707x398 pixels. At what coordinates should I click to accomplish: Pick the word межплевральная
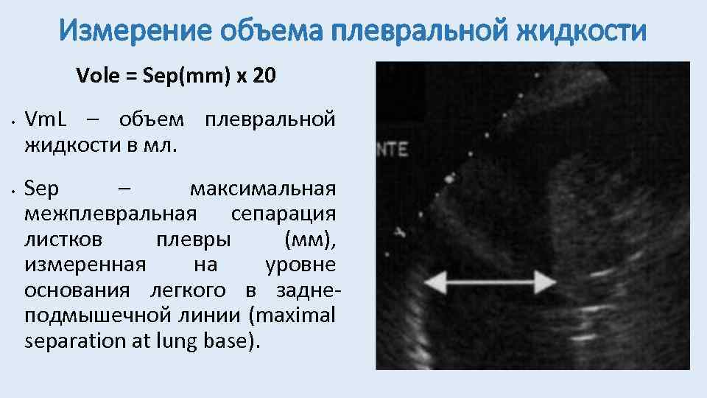110,214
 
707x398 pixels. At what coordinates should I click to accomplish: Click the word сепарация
284,214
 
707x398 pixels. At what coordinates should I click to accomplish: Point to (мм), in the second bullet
310,240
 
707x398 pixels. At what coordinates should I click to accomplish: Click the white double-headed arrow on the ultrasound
491,281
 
